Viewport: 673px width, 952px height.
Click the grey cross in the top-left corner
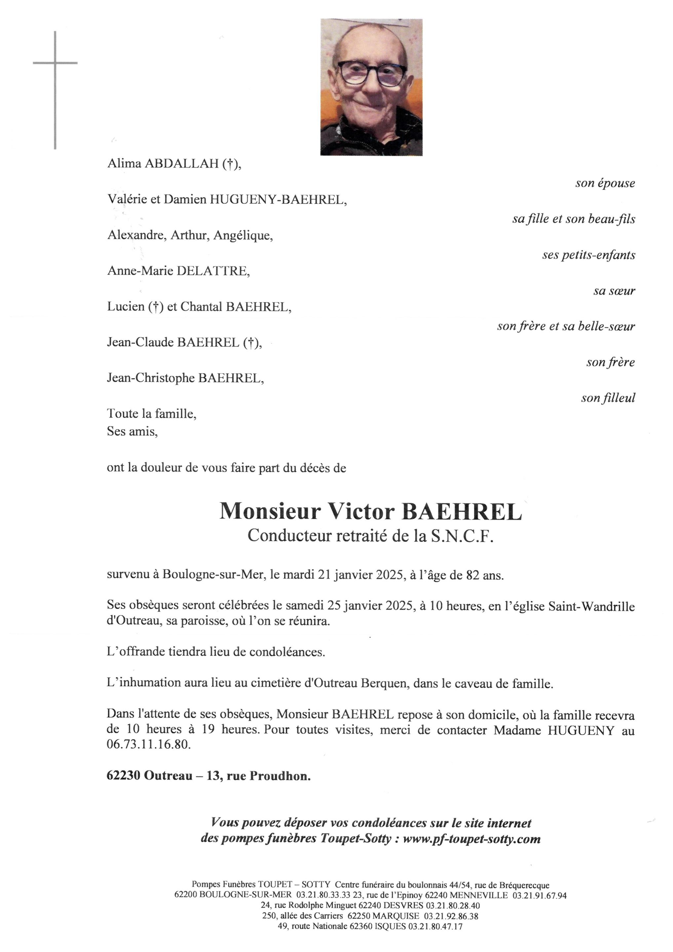pyautogui.click(x=55, y=63)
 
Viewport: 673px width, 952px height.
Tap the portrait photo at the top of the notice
pyautogui.click(x=371, y=87)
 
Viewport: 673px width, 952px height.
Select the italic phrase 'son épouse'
pyautogui.click(x=605, y=183)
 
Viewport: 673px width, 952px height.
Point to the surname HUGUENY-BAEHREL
pyautogui.click(x=277, y=200)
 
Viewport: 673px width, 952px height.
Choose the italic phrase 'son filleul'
pyautogui.click(x=608, y=398)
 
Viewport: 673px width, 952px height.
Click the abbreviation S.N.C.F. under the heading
pyautogui.click(x=462, y=536)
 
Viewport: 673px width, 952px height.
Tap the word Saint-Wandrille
pyautogui.click(x=591, y=606)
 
